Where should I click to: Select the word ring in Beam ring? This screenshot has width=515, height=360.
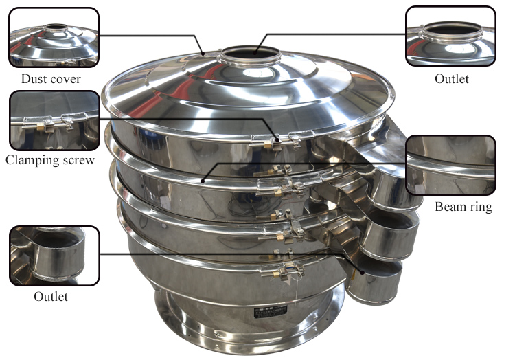[x=479, y=206]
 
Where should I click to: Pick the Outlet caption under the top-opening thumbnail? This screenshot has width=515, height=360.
[x=452, y=79]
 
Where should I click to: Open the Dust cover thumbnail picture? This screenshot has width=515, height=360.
[x=54, y=37]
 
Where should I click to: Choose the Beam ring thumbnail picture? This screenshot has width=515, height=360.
[x=450, y=165]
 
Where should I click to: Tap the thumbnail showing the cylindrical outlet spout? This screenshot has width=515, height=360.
[x=54, y=256]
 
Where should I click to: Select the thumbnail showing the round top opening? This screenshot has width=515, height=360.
[x=450, y=36]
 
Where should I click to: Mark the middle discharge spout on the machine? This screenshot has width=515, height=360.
[x=390, y=234]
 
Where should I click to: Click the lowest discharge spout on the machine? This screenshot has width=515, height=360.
[x=374, y=278]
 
